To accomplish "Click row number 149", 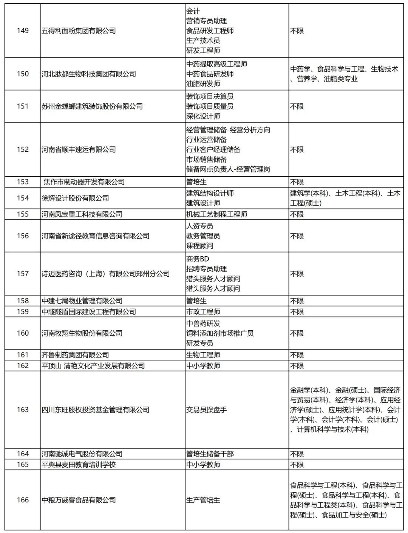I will pyautogui.click(x=23, y=31).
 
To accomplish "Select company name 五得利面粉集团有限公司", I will pyautogui.click(x=79, y=31).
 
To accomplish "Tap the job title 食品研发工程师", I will pyautogui.click(x=210, y=31).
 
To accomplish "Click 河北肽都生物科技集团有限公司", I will pyautogui.click(x=89, y=74).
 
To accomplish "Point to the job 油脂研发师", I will pyautogui.click(x=203, y=83).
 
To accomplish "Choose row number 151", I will pyautogui.click(x=23, y=106).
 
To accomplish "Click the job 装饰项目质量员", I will pyautogui.click(x=210, y=106).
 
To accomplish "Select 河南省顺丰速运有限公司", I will pyautogui.click(x=79, y=149).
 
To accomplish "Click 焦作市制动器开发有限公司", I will pyautogui.click(x=84, y=182).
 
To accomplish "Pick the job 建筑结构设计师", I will pyautogui.click(x=210, y=193).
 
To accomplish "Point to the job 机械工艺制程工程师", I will pyautogui.click(x=216, y=214).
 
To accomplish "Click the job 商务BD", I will pyautogui.click(x=198, y=259).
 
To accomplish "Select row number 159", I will pyautogui.click(x=23, y=311).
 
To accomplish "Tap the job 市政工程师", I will pyautogui.click(x=203, y=312).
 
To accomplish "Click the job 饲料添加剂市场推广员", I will pyautogui.click(x=220, y=333).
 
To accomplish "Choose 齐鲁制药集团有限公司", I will pyautogui.click(x=75, y=355).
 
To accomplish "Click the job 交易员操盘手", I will pyautogui.click(x=206, y=410).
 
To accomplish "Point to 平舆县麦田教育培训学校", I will pyautogui.click(x=79, y=464).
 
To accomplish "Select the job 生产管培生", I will pyautogui.click(x=203, y=500).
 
